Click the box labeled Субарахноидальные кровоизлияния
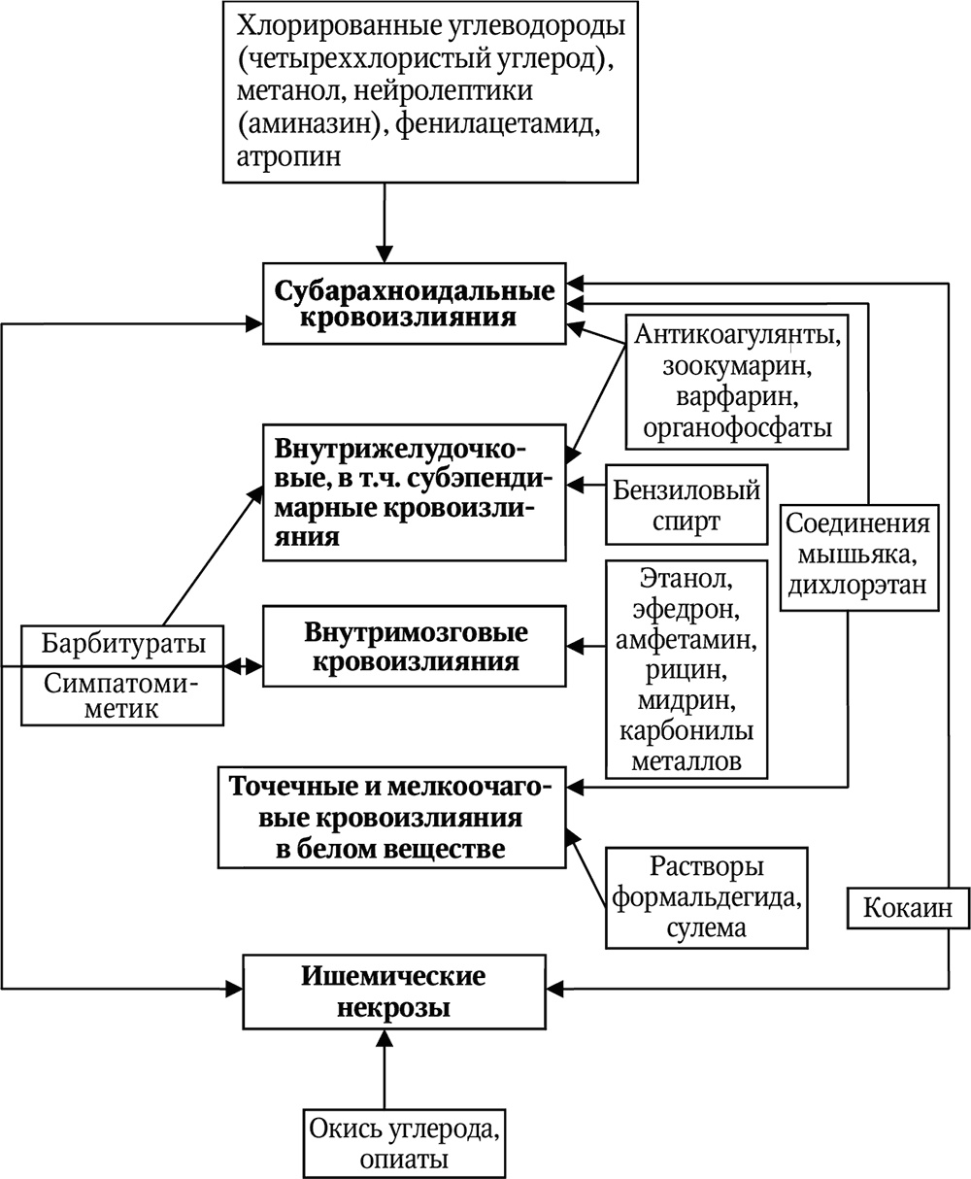pos(415,303)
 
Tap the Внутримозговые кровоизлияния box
pos(415,646)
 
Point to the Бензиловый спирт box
pos(686,505)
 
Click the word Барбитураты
pos(123,643)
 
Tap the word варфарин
pos(737,396)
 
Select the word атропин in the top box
pos(288,155)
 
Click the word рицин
pos(686,670)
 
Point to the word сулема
pos(706,926)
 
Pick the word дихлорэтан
pos(857,585)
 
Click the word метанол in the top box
pos(289,90)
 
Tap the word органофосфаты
pos(737,427)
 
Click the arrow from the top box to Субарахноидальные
pos(385,222)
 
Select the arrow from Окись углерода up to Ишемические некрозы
pos(385,1069)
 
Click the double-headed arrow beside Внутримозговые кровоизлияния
pos(244,666)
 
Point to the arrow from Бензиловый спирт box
pos(586,485)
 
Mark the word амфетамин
pos(686,640)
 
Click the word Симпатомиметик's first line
pos(122,684)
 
